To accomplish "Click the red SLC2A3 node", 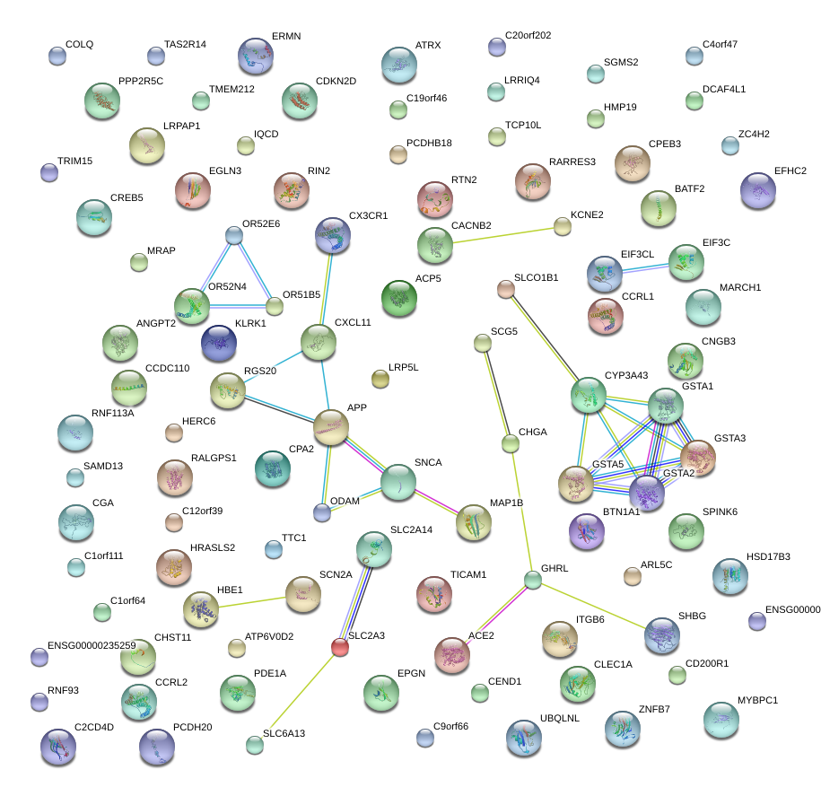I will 339,646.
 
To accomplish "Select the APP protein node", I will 331,427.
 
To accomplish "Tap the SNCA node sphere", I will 398,483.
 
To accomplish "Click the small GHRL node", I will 533,580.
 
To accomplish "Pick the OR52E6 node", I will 234,236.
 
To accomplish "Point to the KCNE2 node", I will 563,227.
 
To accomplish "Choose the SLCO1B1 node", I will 506,289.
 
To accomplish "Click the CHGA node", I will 511,443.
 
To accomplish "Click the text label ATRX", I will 428,45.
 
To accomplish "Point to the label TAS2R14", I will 185,44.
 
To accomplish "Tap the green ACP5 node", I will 399,299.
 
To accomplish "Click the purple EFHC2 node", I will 759,190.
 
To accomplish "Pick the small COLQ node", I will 57,56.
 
